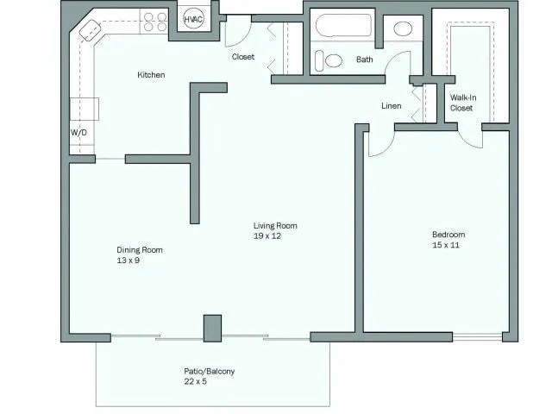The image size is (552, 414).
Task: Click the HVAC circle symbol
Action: coord(193,20)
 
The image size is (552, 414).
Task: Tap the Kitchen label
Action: coord(151,75)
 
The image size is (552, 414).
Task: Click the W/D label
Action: coord(78,134)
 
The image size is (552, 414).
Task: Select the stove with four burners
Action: coord(155,22)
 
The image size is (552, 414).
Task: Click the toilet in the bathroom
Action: coord(329,61)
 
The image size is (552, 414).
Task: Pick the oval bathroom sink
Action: coord(403,28)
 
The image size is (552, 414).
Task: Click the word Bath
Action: coord(364,60)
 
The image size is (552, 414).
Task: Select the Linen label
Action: coord(391,106)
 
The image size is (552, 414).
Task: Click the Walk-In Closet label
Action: coord(461,103)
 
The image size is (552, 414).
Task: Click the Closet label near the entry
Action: coord(243,57)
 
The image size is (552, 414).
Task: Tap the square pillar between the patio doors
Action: coord(211,329)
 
